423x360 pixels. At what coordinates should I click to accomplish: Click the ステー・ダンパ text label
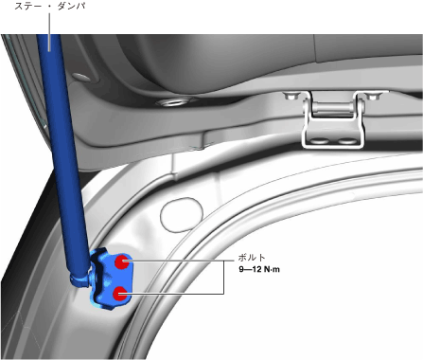[49, 6]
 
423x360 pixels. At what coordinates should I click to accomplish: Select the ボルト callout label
[252, 258]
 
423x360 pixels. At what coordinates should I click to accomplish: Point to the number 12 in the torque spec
[256, 269]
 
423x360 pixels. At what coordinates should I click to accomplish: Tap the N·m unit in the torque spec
[272, 269]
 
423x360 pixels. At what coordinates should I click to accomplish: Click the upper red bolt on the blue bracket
[121, 261]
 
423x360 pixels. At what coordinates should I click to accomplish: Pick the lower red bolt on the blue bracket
[120, 294]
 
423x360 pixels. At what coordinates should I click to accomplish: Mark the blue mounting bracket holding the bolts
[111, 278]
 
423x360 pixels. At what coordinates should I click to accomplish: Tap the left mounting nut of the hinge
[289, 96]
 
